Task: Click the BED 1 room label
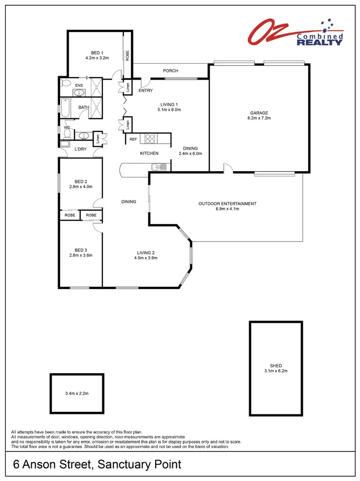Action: click(x=97, y=53)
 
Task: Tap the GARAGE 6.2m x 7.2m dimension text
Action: click(x=258, y=118)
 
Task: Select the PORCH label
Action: click(x=170, y=71)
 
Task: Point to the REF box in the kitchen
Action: click(x=133, y=139)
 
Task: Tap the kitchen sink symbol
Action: click(x=158, y=167)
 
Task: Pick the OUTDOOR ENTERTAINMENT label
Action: click(x=228, y=204)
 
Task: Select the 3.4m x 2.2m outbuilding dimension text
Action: click(x=77, y=393)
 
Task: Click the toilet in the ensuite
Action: click(x=66, y=83)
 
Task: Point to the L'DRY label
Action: click(x=80, y=150)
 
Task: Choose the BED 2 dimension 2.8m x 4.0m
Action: click(x=81, y=187)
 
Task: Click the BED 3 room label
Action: click(x=81, y=250)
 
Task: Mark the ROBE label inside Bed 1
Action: click(x=128, y=56)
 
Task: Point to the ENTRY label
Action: click(x=145, y=91)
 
